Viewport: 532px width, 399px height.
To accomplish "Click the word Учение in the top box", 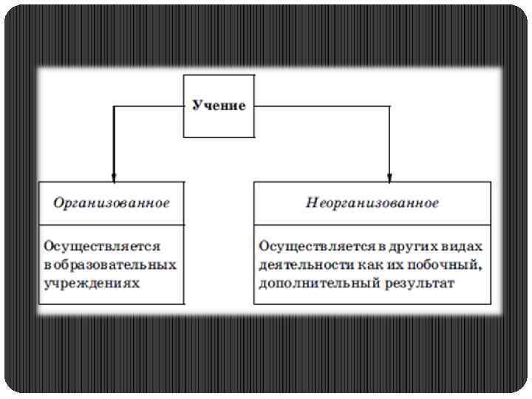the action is (x=219, y=106).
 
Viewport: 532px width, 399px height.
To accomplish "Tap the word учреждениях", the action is (x=92, y=282).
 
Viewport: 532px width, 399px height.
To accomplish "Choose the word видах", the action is (x=464, y=245).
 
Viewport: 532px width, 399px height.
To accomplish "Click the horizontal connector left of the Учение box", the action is (x=148, y=106).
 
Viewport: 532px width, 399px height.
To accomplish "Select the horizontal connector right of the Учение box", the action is (x=321, y=106).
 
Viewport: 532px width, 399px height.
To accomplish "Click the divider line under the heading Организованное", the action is (x=112, y=225).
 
